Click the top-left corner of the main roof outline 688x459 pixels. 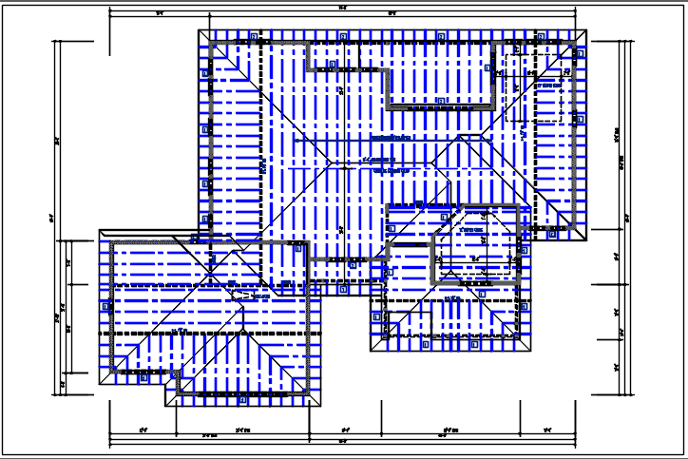(x=199, y=30)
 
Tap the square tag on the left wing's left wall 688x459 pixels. (x=105, y=303)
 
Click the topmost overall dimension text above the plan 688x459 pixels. (x=341, y=9)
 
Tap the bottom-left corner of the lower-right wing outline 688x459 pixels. (x=371, y=351)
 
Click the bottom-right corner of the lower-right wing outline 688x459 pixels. (x=529, y=351)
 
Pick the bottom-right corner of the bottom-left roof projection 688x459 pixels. (x=317, y=406)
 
